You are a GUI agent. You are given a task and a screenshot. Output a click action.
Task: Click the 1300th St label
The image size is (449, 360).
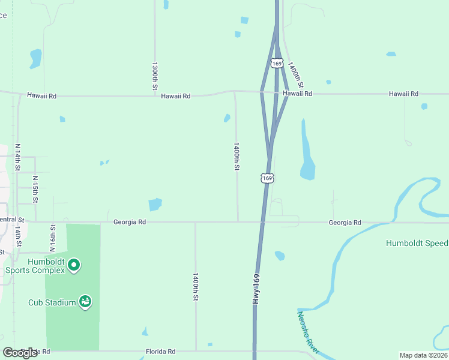point(155,76)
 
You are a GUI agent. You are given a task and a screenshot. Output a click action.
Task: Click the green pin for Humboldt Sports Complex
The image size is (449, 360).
point(74,265)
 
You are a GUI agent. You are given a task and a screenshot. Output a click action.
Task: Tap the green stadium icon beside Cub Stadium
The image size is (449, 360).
point(85,302)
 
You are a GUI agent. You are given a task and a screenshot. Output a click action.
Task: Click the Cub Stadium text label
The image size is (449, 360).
point(52,302)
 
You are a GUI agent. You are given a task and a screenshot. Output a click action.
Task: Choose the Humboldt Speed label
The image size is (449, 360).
point(417,243)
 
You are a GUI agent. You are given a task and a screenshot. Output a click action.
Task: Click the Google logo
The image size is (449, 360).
point(20,353)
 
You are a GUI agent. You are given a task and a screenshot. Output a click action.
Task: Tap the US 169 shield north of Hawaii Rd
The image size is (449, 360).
point(276,63)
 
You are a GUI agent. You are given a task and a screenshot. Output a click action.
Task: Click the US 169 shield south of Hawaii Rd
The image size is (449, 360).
point(268,178)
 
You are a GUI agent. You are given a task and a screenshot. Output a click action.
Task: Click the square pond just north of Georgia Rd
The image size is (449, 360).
point(155,204)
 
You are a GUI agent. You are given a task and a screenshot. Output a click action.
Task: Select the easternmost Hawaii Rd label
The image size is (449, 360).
point(403,94)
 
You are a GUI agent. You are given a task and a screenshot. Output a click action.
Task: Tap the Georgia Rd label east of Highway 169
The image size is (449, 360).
point(345,223)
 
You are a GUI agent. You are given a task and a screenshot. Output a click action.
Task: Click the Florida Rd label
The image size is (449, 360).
point(160,352)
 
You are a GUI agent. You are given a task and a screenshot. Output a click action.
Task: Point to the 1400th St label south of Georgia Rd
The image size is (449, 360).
point(196,287)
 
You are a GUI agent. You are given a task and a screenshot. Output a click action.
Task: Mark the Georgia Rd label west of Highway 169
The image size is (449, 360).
point(130,222)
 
